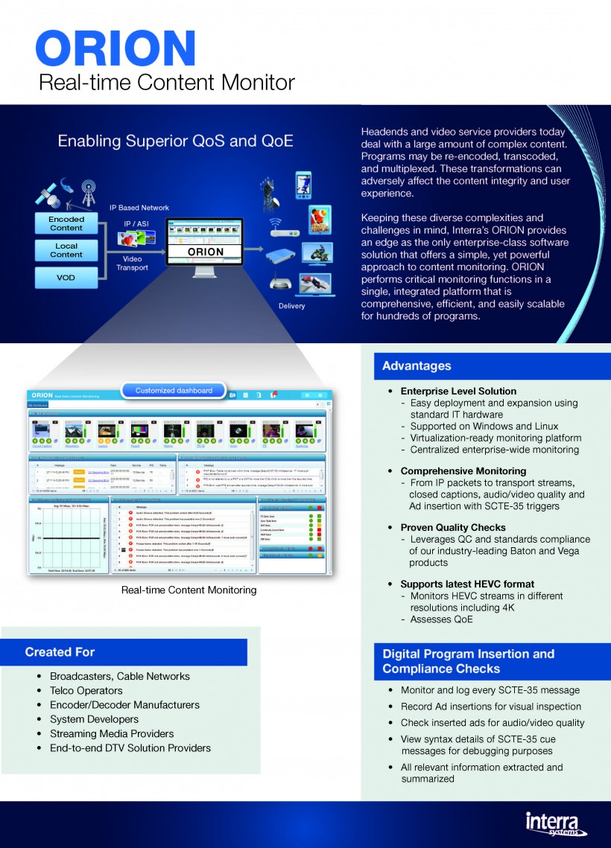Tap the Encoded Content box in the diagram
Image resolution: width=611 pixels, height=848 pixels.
point(66,223)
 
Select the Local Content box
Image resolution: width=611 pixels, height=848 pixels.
point(66,250)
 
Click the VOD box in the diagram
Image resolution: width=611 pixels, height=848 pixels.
point(66,278)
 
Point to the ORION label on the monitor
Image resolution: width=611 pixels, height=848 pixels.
point(206,252)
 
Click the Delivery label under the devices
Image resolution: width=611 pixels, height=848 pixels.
point(291,306)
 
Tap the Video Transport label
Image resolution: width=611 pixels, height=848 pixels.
point(132,263)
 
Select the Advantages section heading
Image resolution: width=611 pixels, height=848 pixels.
point(417,366)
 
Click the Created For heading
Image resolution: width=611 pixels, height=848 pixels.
point(60,651)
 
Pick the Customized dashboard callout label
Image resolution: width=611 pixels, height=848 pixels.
point(174,390)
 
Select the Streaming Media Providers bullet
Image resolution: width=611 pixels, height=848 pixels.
point(112,733)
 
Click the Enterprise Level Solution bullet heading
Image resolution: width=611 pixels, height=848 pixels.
point(458,391)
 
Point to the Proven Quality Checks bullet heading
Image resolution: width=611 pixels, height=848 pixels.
point(453,527)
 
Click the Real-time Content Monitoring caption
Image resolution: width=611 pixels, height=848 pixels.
point(189,590)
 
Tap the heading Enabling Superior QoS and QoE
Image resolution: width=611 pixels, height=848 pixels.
point(175,141)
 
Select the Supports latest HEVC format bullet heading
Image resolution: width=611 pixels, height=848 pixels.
point(467,584)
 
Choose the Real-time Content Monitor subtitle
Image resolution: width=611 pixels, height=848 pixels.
point(167,82)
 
